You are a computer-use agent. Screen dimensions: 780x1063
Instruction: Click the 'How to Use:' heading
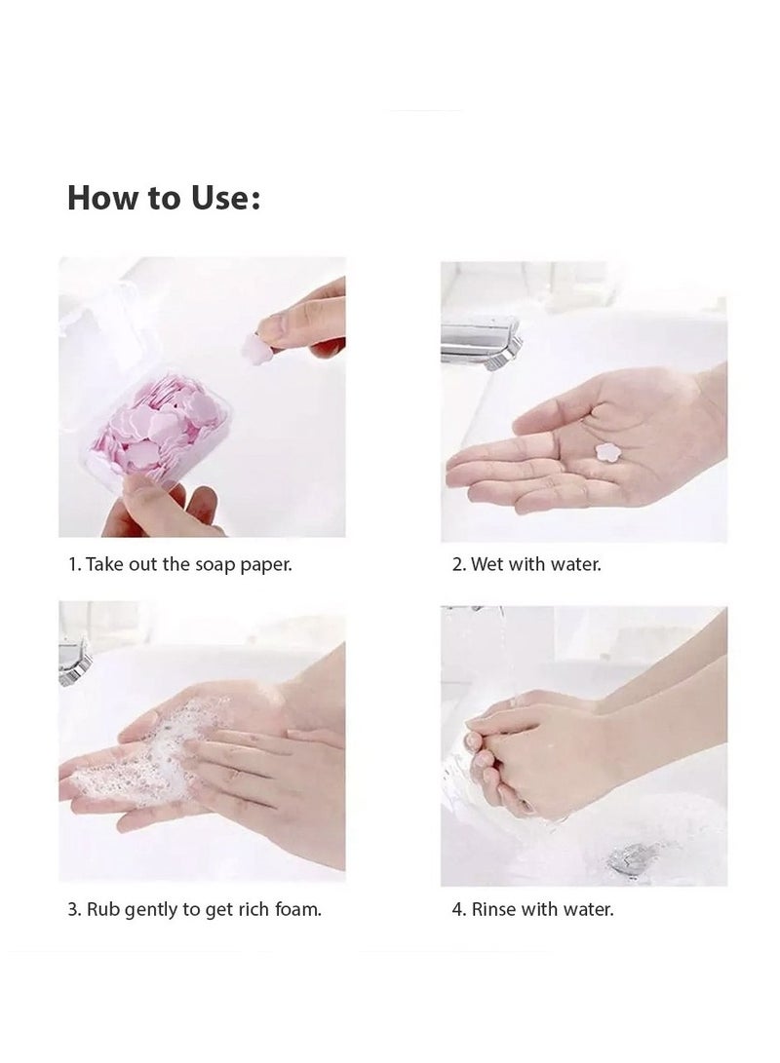click(x=164, y=198)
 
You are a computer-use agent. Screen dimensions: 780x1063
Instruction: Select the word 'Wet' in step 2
click(x=487, y=564)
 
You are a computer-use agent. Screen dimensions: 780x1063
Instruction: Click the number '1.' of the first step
click(x=75, y=564)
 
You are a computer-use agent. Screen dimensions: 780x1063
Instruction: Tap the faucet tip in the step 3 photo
click(x=75, y=661)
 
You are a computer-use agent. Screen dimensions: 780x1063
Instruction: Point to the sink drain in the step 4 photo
click(x=630, y=859)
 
